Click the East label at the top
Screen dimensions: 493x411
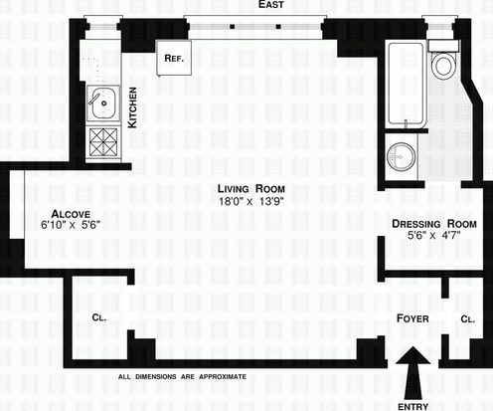(x=271, y=4)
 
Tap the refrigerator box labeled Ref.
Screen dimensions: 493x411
(x=174, y=58)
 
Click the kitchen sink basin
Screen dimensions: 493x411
(x=103, y=103)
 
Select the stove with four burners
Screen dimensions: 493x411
(x=103, y=142)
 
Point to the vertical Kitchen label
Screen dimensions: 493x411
(x=132, y=107)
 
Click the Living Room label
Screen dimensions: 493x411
(x=251, y=189)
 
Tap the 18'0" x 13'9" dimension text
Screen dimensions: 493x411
(x=251, y=201)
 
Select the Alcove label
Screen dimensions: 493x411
(x=71, y=214)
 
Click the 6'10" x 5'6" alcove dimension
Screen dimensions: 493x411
(x=71, y=225)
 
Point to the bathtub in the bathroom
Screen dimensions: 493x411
(x=406, y=84)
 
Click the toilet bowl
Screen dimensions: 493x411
(x=443, y=66)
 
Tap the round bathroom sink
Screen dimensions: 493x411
(x=401, y=157)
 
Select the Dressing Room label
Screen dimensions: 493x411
(x=434, y=224)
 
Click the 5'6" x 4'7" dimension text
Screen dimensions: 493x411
(x=434, y=236)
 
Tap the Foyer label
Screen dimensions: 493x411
(x=412, y=318)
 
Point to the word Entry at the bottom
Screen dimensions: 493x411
(x=412, y=406)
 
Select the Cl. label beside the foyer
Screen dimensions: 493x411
(x=468, y=319)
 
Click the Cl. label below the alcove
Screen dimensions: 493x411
(x=99, y=317)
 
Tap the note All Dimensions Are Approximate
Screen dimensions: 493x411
(x=182, y=377)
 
